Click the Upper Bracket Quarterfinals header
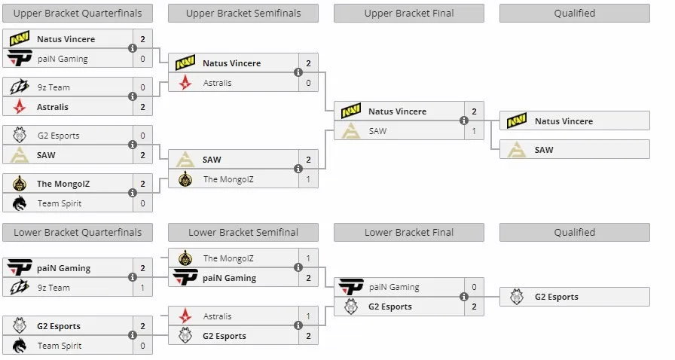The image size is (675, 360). coord(78,14)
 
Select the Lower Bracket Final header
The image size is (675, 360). coord(409,233)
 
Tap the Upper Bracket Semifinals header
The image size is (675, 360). coord(243,14)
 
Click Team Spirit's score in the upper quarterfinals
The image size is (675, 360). coord(142,203)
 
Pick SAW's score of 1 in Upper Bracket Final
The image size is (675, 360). coord(474,131)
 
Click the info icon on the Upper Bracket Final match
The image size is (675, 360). coord(463,121)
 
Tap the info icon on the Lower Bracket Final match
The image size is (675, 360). coord(463,296)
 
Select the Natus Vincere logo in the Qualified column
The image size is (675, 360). coord(517,121)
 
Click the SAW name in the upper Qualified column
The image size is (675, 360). coord(544,150)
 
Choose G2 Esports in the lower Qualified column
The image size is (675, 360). coord(557,297)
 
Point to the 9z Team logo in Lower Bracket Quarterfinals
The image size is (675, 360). coord(20,287)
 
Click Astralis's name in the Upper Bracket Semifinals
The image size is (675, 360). coord(218,83)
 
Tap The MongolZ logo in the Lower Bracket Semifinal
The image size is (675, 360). coord(185,258)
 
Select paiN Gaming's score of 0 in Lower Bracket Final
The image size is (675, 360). coord(474,287)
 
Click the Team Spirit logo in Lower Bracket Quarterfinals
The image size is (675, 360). coord(20,346)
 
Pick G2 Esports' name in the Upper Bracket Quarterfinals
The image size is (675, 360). coord(59,136)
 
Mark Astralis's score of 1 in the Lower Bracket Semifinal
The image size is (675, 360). coord(308,316)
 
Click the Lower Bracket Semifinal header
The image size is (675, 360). coord(243,233)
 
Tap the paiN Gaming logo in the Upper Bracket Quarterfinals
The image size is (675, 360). coord(20,58)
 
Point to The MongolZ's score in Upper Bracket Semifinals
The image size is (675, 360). coord(308,179)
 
